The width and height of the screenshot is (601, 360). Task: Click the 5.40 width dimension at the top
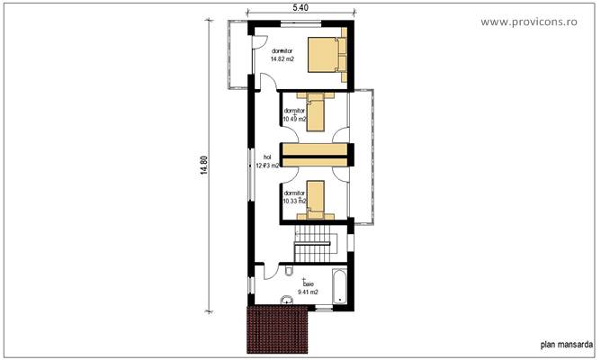[x=301, y=8]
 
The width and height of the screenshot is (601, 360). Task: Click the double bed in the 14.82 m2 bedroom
[x=325, y=55]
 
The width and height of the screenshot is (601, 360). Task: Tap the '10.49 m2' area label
[x=294, y=119]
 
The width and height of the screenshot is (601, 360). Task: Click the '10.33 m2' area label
[x=294, y=200]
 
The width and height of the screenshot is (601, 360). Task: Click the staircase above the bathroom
[x=316, y=241]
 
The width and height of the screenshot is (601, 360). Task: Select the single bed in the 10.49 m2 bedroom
[x=314, y=107]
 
